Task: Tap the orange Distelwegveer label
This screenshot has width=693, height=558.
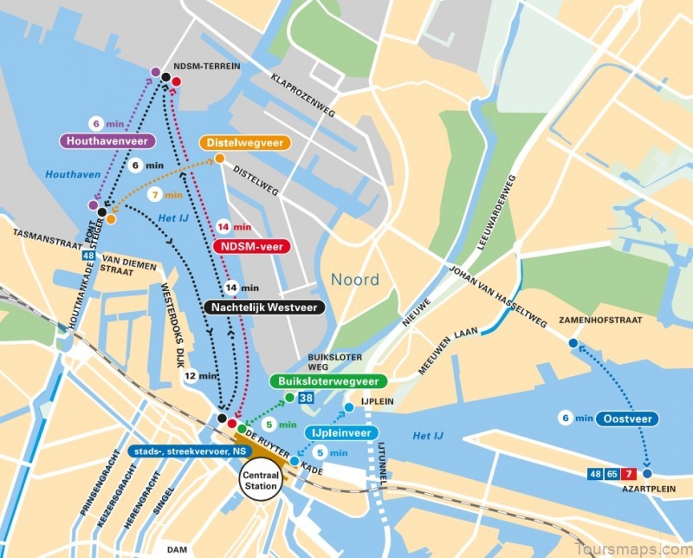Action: [x=245, y=143]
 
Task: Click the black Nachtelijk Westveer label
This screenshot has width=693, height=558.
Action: [x=262, y=307]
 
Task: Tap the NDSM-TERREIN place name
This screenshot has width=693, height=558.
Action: [x=206, y=67]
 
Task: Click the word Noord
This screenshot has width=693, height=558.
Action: [x=354, y=279]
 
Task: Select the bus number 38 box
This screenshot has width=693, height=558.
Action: [x=306, y=398]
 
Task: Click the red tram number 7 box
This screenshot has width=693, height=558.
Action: [x=630, y=474]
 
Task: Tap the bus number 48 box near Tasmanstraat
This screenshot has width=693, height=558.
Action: [x=88, y=256]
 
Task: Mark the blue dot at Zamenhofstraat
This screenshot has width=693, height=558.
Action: [x=573, y=344]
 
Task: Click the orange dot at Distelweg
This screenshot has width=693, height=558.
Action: [x=220, y=159]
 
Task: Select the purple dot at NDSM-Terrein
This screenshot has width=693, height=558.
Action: [x=155, y=72]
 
